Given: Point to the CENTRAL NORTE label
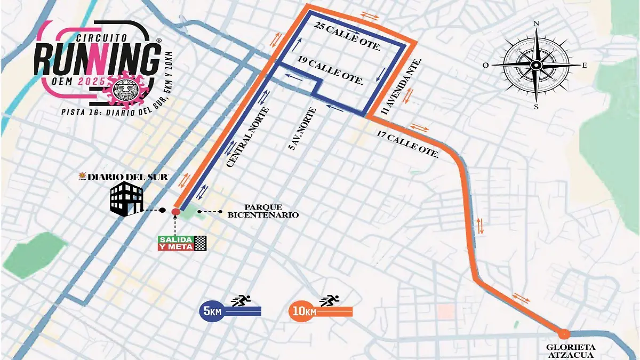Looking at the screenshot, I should tap(247, 138).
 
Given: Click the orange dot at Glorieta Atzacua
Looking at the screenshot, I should tap(565, 334).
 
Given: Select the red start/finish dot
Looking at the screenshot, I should tap(175, 212).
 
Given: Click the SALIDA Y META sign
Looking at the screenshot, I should tap(175, 243).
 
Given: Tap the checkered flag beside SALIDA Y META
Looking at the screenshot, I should tap(201, 243).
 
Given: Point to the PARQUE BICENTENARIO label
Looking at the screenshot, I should tap(263, 211).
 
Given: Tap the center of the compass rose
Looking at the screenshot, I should tap(537, 65).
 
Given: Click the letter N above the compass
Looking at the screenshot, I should tap(537, 23).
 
